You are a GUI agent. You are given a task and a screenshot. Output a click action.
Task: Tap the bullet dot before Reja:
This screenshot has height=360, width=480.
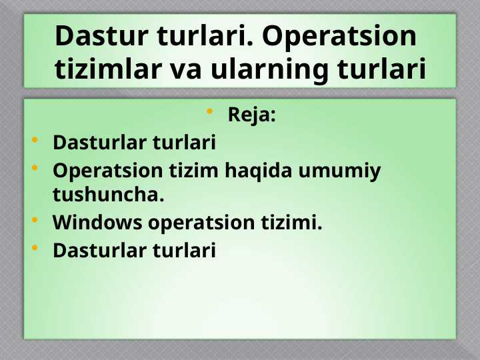[x=209, y=111]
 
